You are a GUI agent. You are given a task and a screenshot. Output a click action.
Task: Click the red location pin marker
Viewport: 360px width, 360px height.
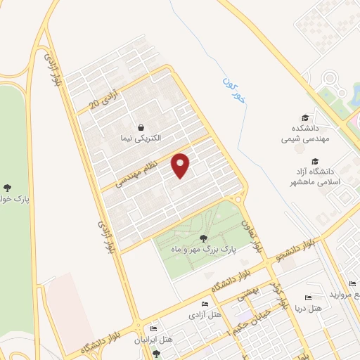pos(181,165)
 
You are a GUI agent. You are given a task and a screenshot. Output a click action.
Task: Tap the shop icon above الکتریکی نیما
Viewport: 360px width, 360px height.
pos(143,128)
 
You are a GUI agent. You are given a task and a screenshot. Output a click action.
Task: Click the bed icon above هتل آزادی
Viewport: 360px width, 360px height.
pos(205,303)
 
